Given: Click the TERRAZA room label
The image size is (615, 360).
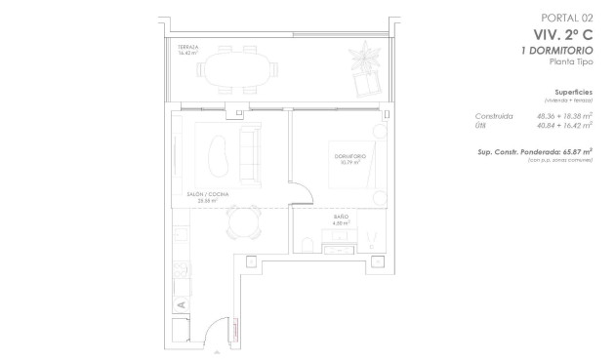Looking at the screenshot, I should click(188, 48).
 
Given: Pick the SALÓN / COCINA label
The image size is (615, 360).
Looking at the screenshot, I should click(207, 195).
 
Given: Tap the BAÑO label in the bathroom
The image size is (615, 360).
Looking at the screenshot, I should click(342, 217).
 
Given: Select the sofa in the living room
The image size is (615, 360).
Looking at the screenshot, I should click(249, 151).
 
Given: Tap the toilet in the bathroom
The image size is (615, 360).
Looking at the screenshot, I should click(308, 242).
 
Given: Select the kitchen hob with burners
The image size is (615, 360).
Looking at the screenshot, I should click(181, 267).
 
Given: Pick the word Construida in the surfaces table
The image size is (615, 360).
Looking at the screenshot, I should click(494, 115).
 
